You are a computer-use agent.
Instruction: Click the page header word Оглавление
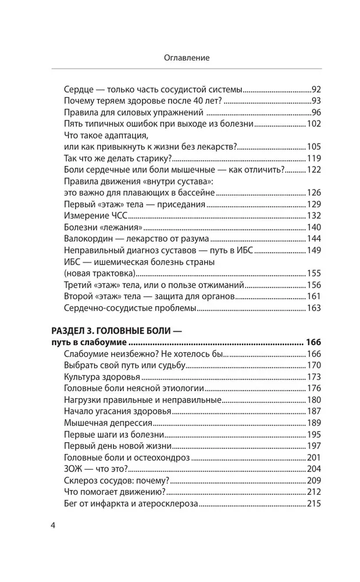coord(180,58)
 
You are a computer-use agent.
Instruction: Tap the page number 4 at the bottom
coord(53,526)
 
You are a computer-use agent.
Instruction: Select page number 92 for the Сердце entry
coord(316,90)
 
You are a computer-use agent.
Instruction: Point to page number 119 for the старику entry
coord(313,158)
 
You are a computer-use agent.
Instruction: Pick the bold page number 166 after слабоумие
coord(313,342)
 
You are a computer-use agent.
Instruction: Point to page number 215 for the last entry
coord(313,503)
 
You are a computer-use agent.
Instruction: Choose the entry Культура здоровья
coord(102,377)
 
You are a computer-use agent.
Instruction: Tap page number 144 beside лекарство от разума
coord(313,239)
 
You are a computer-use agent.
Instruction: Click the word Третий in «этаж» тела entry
coord(77,285)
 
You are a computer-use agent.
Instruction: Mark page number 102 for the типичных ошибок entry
coord(313,124)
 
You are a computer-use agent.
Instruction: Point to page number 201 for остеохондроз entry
coord(313,457)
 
